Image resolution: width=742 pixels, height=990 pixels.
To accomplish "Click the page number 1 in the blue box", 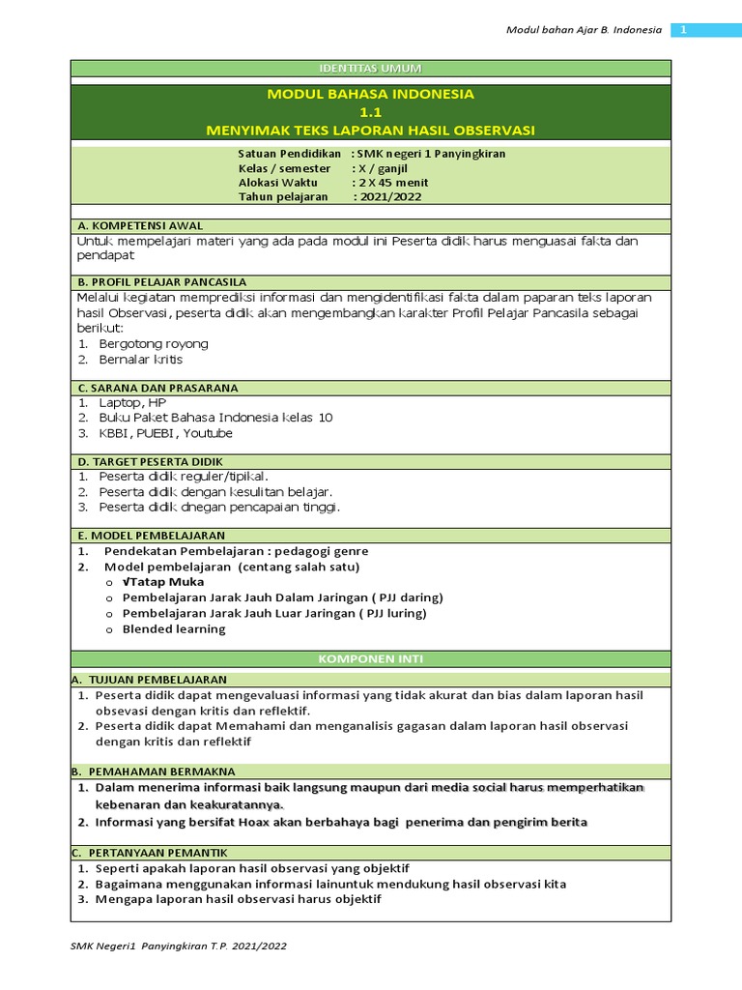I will [683, 30].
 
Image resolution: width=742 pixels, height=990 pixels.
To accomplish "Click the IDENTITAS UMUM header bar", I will [371, 68].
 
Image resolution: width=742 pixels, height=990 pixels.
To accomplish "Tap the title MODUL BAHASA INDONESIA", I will [371, 94].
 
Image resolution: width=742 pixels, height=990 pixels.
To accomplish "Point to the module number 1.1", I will [371, 112].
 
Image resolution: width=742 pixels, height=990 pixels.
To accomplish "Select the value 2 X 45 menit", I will [391, 183].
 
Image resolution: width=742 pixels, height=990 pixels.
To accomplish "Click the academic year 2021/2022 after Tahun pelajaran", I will [387, 197].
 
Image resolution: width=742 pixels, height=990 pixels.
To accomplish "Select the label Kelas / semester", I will [284, 168].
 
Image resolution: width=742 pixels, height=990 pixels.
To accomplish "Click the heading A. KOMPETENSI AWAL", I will [140, 225].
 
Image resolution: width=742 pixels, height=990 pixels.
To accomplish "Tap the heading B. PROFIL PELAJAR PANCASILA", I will [162, 281].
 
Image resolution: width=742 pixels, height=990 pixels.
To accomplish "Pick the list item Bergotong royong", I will [154, 343].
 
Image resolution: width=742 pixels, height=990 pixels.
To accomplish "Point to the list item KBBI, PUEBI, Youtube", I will [165, 433].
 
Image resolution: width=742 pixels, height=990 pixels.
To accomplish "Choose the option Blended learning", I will [174, 628].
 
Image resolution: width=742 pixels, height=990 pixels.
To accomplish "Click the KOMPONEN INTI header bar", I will [371, 658].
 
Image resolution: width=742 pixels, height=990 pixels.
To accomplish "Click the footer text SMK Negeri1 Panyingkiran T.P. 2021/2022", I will [179, 946].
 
